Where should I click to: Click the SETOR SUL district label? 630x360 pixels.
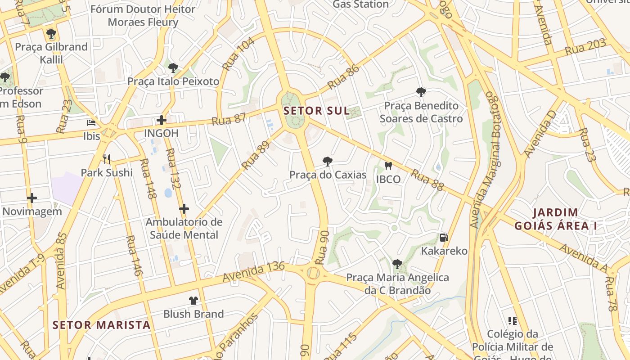click(316, 111)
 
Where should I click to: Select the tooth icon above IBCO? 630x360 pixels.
click(388, 166)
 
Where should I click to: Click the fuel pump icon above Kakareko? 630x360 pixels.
click(444, 238)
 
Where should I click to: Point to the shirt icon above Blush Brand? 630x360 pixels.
click(193, 300)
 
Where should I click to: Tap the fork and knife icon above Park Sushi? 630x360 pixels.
click(107, 159)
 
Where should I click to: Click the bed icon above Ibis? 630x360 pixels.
click(91, 122)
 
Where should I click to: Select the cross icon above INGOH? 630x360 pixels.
click(161, 120)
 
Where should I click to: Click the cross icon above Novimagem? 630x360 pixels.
click(31, 198)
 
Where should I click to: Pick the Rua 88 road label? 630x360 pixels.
click(427, 180)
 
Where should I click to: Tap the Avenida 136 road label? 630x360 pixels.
click(254, 272)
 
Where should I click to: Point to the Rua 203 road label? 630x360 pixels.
click(585, 47)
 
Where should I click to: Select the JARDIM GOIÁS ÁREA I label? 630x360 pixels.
click(555, 219)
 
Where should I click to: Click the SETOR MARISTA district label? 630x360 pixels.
click(101, 325)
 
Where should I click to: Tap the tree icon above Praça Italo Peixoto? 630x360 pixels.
click(173, 68)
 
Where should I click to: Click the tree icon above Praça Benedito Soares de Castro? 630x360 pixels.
click(421, 92)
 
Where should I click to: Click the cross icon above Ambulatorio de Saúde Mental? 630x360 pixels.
click(184, 209)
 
